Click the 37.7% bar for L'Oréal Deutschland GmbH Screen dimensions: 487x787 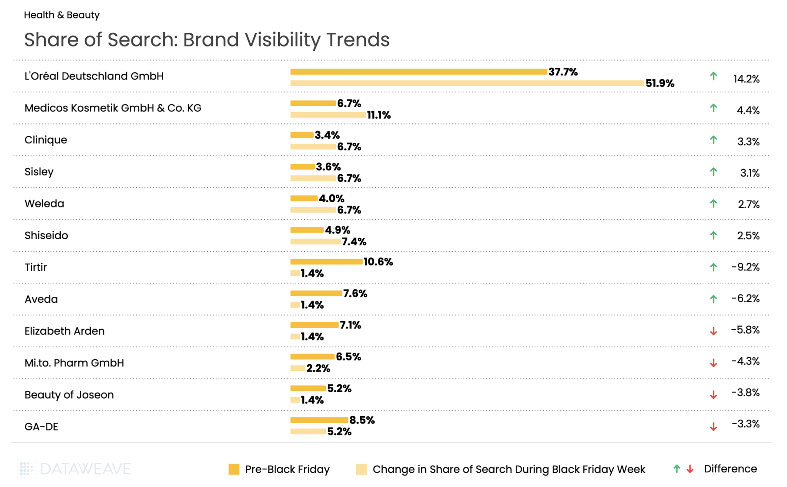pyautogui.click(x=418, y=72)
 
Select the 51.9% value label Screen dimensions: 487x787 pyautogui.click(x=660, y=83)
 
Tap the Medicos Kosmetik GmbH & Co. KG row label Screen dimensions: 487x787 pyautogui.click(x=113, y=108)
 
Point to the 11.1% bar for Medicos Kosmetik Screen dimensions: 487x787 pyautogui.click(x=328, y=115)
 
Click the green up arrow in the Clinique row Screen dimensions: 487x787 pyautogui.click(x=713, y=140)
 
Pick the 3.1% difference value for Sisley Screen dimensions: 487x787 pyautogui.click(x=750, y=173)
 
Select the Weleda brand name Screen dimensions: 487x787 pyautogui.click(x=44, y=203)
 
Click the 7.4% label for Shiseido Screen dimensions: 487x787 pyautogui.click(x=354, y=242)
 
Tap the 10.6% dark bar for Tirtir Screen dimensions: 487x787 pyautogui.click(x=326, y=262)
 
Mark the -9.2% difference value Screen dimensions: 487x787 pyautogui.click(x=745, y=267)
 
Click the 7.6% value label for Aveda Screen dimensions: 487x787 pyautogui.click(x=355, y=294)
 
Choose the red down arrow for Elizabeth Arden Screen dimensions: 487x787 pyautogui.click(x=713, y=331)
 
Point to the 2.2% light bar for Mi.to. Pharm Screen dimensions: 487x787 pyautogui.click(x=298, y=369)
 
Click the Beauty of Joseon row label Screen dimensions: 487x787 pyautogui.click(x=69, y=395)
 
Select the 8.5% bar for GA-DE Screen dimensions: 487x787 pyautogui.click(x=319, y=420)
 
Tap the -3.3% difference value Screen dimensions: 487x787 pyautogui.click(x=745, y=424)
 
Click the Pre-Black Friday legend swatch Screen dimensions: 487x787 pyautogui.click(x=234, y=469)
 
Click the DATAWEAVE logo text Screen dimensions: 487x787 pyautogui.click(x=85, y=469)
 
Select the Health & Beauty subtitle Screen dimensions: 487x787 pyautogui.click(x=61, y=15)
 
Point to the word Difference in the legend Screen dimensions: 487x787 pyautogui.click(x=730, y=469)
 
